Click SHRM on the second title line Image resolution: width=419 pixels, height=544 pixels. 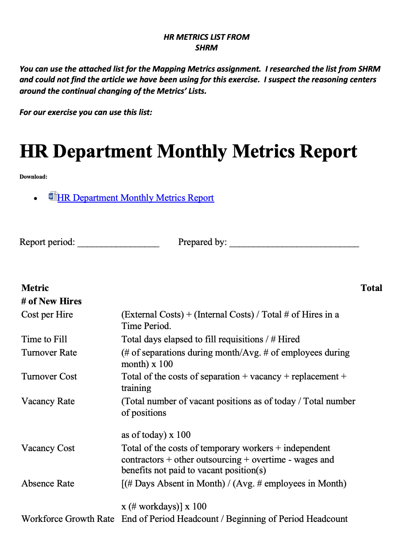click(206, 48)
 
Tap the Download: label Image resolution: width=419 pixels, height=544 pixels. click(33, 177)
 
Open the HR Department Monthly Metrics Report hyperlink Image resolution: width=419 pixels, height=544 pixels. click(136, 198)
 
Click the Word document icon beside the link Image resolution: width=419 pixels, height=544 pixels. click(53, 197)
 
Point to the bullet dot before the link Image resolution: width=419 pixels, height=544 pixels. click(35, 199)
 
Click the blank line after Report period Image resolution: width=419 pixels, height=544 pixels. click(118, 242)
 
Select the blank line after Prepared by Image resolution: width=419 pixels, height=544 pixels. click(294, 242)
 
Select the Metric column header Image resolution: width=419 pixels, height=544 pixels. click(35, 288)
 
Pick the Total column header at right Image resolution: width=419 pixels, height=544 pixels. click(371, 288)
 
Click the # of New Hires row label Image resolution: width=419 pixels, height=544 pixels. click(51, 301)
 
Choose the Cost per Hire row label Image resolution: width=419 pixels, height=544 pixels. click(47, 314)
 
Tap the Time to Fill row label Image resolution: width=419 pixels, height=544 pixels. click(44, 339)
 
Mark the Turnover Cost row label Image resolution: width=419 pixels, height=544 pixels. click(49, 376)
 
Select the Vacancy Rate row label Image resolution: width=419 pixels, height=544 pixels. click(48, 401)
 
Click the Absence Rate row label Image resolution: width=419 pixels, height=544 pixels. click(48, 483)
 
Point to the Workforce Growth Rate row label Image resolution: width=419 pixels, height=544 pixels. click(68, 519)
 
